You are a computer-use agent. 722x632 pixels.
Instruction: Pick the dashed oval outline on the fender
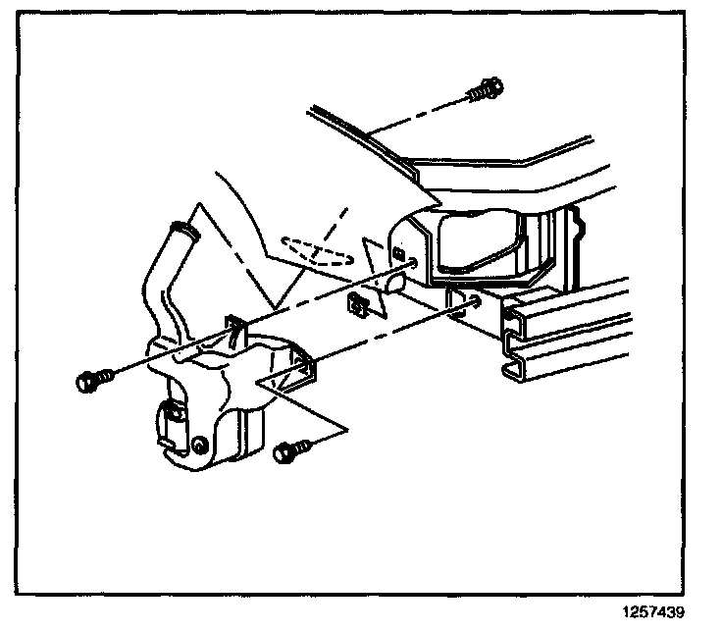(316, 249)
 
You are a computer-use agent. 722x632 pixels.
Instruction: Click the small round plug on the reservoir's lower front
(199, 448)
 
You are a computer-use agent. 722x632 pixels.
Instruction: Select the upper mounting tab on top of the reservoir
(235, 329)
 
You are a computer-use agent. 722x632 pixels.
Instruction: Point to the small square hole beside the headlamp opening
(400, 254)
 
